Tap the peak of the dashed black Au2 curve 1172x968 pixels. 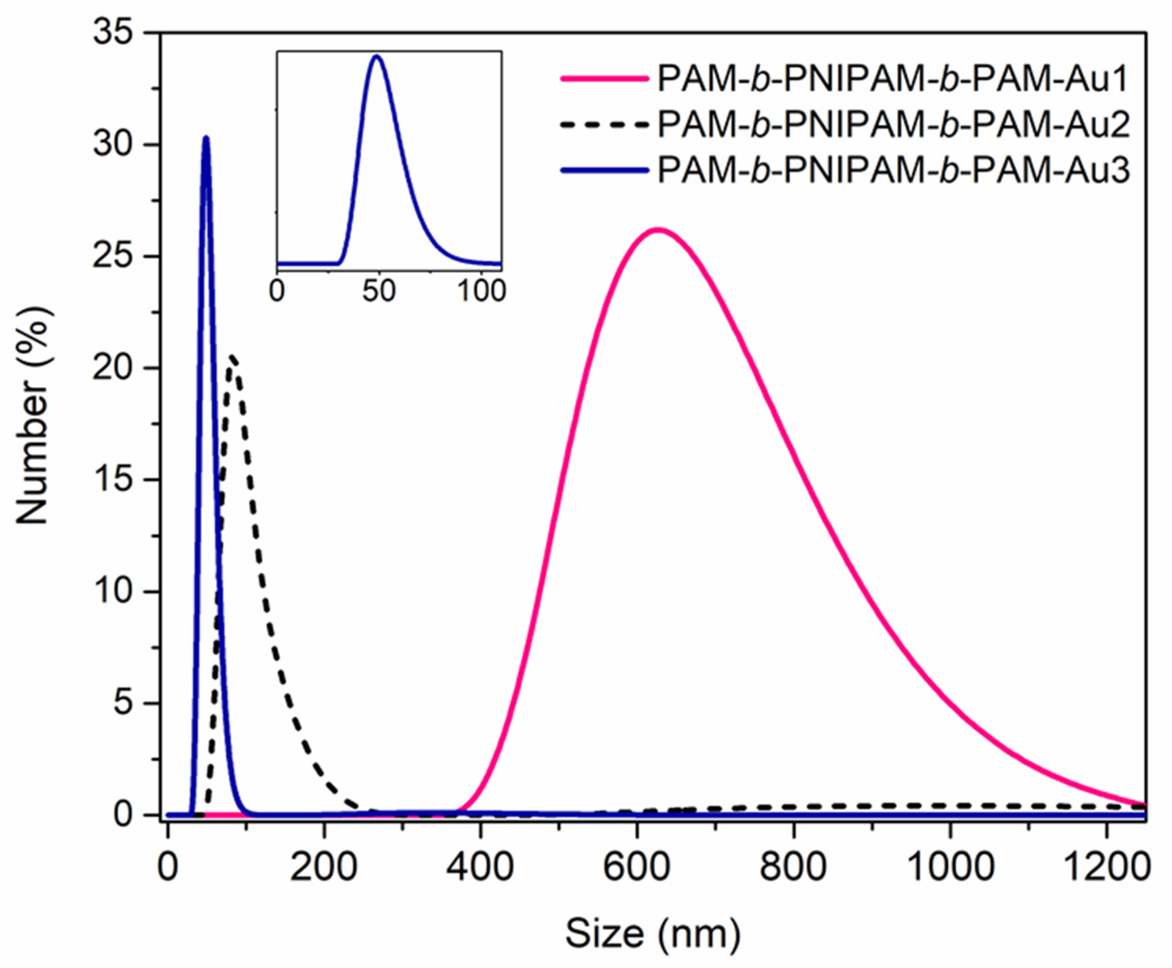(232, 357)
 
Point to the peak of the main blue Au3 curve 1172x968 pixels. (206, 138)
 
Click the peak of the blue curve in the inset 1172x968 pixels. (377, 56)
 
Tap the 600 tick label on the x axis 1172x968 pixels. (636, 868)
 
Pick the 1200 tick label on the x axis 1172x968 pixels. (1106, 868)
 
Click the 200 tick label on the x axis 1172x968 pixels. (323, 868)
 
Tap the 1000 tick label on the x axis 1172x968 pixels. (949, 868)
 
